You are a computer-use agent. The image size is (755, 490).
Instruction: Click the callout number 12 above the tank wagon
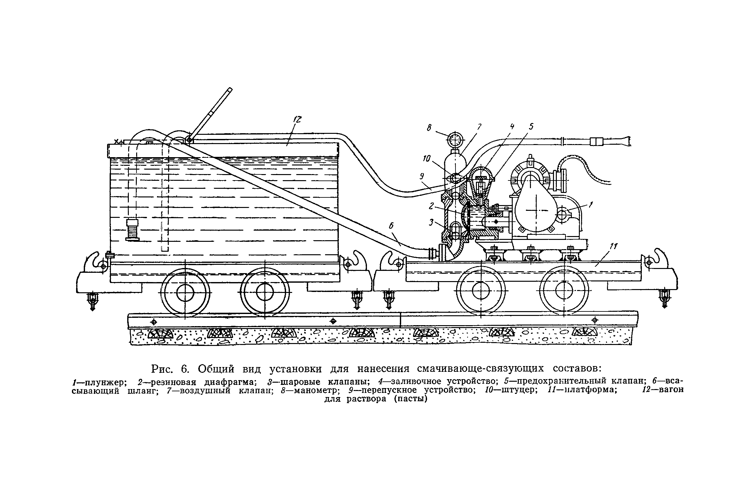pos(297,120)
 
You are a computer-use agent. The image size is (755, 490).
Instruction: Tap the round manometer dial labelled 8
pos(455,139)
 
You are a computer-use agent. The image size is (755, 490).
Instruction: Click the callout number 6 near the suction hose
pos(391,226)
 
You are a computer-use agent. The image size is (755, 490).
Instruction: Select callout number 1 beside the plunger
pos(591,204)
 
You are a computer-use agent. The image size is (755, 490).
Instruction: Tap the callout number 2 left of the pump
pos(432,206)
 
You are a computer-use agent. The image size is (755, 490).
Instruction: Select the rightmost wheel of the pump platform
pos(564,291)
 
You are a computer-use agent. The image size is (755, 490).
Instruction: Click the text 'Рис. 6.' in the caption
pos(170,369)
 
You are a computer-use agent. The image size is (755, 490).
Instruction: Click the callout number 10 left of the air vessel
pos(427,159)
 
